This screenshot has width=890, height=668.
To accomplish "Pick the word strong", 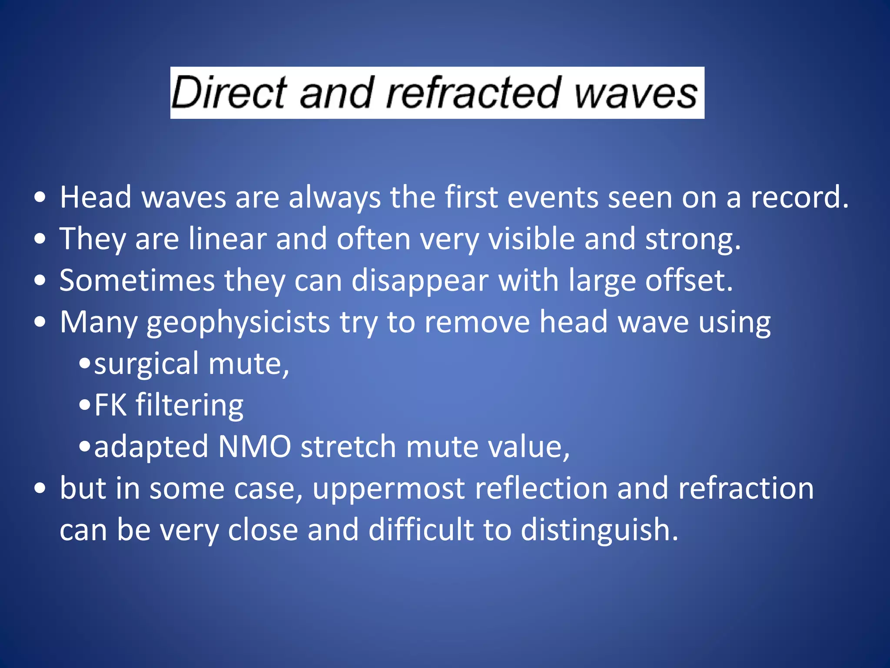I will click(x=693, y=240).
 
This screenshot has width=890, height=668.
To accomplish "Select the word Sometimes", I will click(x=137, y=281).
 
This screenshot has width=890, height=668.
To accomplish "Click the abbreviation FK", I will click(x=110, y=405).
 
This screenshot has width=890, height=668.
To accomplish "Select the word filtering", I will click(x=189, y=406).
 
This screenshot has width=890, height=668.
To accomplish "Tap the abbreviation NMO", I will click(x=254, y=447).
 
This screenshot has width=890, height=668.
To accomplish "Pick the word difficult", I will click(x=421, y=530).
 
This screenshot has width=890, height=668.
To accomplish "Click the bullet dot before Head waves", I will click(x=40, y=198).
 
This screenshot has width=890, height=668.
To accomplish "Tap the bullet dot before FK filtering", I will click(x=85, y=406).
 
